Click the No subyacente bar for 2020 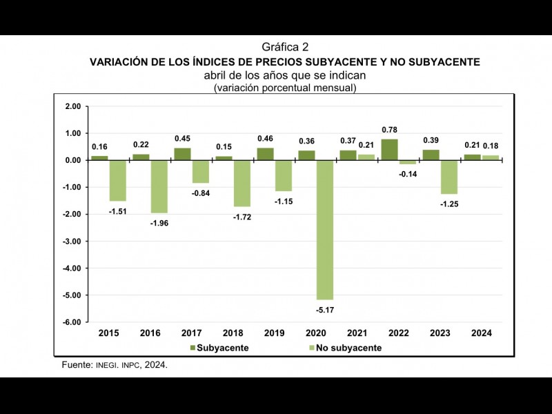[324, 230]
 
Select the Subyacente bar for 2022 [389, 150]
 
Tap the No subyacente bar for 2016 [159, 186]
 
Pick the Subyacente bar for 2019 [265, 154]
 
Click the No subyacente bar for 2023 [448, 177]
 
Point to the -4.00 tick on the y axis [72, 268]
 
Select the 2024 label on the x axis [481, 333]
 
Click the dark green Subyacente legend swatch [193, 348]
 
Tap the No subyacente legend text [348, 348]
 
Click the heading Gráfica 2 [285, 47]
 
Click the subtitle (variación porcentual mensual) [285, 88]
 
